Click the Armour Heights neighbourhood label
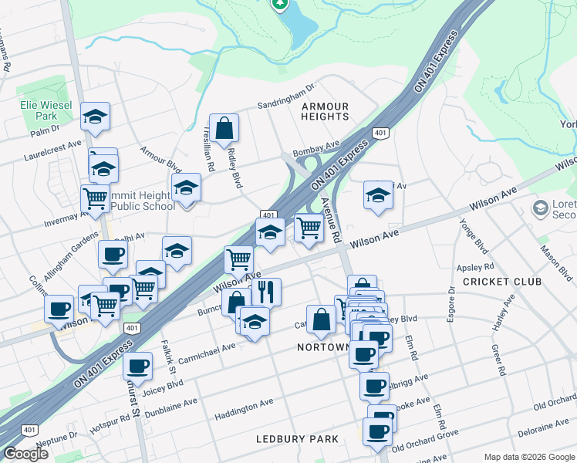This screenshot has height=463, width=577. [x=325, y=111]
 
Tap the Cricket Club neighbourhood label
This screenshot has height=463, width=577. [x=502, y=282]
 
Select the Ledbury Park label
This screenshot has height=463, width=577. [x=297, y=439]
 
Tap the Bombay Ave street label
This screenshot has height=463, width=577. [x=315, y=145]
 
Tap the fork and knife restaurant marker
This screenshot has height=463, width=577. [x=266, y=291]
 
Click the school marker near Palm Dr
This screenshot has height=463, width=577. [x=95, y=117]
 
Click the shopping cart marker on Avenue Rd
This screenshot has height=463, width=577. [x=309, y=228]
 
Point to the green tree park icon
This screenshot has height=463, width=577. [x=280, y=4]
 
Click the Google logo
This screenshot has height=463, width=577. [x=25, y=454]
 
